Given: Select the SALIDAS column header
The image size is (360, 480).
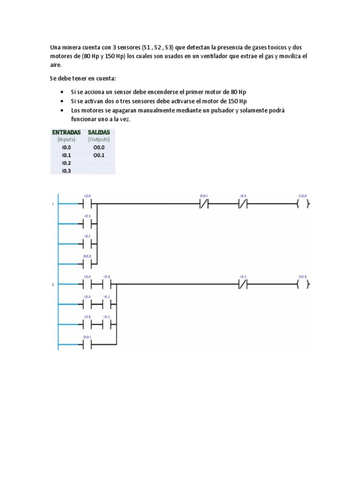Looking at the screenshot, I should (98, 132).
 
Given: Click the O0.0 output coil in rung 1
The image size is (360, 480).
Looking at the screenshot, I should (303, 204).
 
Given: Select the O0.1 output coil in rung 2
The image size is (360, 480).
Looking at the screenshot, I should (303, 284).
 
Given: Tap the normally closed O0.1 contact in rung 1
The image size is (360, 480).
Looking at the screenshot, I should (204, 204).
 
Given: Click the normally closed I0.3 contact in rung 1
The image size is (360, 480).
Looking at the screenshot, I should (243, 204).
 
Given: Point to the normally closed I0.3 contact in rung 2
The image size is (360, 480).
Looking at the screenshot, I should (243, 284).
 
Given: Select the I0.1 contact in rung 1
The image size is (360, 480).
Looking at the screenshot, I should (88, 224).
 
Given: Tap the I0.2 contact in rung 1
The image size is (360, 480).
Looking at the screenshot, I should (88, 244).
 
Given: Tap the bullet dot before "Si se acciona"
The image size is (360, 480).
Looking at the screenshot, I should (63, 92).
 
